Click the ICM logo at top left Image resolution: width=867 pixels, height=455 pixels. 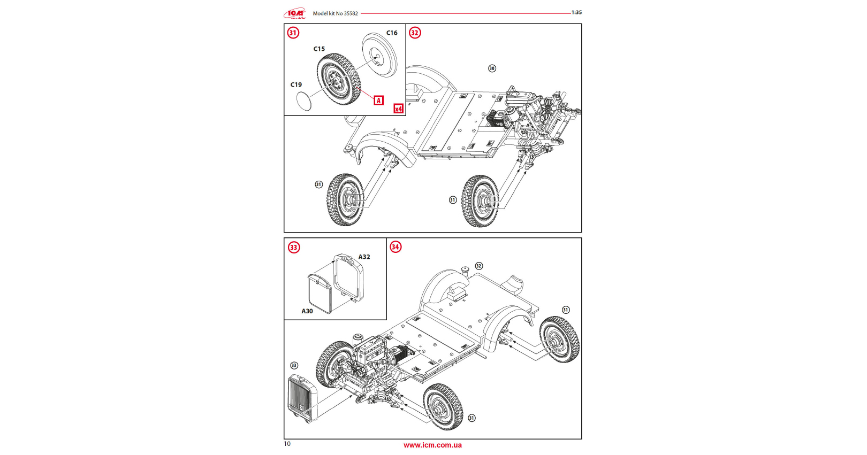click(295, 13)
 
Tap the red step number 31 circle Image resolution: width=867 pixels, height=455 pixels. click(293, 33)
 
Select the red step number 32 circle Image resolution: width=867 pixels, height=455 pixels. click(415, 33)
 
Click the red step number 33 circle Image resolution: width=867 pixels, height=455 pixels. click(294, 248)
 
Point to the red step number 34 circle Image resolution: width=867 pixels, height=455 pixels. click(396, 247)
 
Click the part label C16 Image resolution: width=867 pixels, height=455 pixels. click(392, 33)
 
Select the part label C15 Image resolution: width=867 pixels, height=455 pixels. click(319, 49)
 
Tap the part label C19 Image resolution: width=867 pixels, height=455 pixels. click(296, 85)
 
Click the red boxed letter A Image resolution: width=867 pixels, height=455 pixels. click(379, 101)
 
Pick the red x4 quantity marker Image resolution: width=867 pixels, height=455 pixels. click(398, 109)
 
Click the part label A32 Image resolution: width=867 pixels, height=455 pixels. click(364, 257)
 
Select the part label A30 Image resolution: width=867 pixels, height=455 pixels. click(307, 311)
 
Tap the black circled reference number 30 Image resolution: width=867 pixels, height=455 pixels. click(492, 68)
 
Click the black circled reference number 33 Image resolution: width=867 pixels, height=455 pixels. click(294, 366)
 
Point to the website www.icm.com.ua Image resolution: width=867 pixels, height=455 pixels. click(432, 445)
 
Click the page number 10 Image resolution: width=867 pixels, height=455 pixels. click(287, 444)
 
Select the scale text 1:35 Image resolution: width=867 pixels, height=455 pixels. click(576, 12)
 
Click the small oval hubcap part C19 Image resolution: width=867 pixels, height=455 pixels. click(303, 101)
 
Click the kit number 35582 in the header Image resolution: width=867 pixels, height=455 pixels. click(351, 13)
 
